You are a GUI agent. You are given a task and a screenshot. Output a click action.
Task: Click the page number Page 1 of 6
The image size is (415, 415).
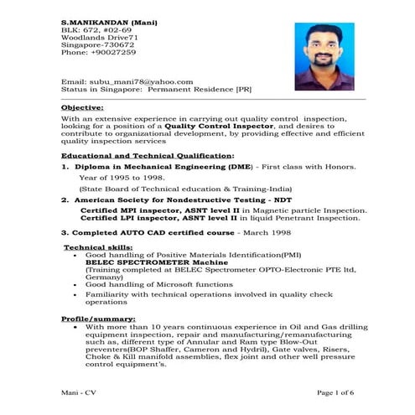(335, 392)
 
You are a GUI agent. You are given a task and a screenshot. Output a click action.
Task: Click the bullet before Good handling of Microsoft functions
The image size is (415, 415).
(77, 285)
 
